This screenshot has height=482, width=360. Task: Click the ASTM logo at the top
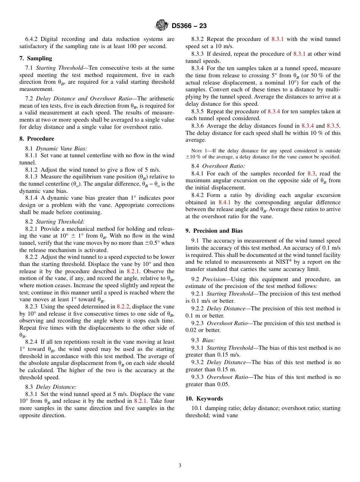click(162, 26)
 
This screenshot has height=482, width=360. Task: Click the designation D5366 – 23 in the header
click(189, 26)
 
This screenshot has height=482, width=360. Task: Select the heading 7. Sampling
click(36, 58)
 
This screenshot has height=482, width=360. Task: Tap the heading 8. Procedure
click(37, 139)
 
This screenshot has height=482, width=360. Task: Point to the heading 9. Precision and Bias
click(214, 231)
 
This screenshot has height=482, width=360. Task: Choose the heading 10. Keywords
click(204, 399)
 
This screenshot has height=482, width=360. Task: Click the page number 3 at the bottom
click(180, 465)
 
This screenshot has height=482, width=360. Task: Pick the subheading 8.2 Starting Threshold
click(55, 222)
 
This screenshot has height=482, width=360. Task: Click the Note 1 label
click(199, 151)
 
